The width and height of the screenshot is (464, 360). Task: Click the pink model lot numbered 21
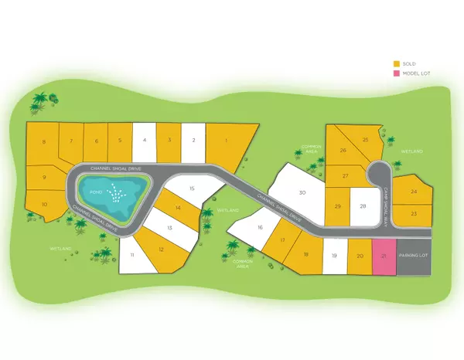coord(384,255)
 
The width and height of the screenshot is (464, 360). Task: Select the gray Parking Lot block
coord(413,255)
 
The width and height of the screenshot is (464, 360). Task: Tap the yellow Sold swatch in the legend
coord(397,64)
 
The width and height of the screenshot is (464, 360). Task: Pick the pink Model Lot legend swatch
coord(397,73)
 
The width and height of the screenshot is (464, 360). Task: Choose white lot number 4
coord(144,141)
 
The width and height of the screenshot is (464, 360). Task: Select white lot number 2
coord(193,141)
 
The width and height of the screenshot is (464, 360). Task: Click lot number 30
coord(302,193)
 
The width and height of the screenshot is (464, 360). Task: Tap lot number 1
coord(227,141)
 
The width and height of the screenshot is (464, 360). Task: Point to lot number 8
coord(43,142)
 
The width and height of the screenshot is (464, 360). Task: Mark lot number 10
coord(44,204)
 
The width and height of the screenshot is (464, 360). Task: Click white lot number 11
coord(132,254)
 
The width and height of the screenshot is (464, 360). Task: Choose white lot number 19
coord(334,255)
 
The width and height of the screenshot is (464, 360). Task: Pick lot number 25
coord(365,140)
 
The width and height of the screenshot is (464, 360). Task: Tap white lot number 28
coord(363,205)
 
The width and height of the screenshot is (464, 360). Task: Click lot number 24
coord(415,191)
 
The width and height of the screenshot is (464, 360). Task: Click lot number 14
coord(178,207)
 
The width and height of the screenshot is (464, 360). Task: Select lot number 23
coord(414,212)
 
